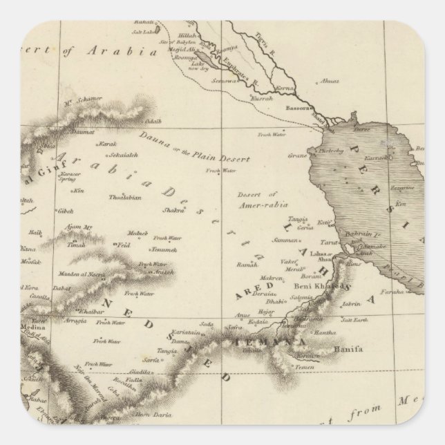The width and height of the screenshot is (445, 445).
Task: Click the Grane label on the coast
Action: pyautogui.click(x=297, y=155)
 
